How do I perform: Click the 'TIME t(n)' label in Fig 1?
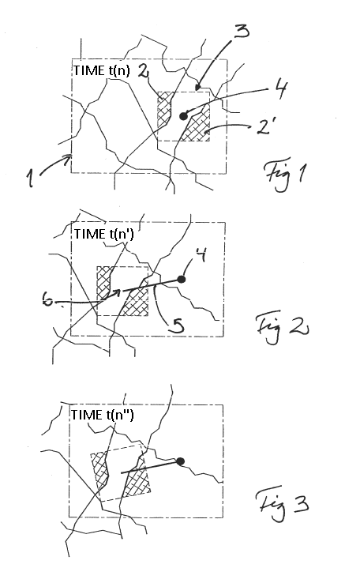(102, 70)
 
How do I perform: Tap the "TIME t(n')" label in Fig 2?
(104, 234)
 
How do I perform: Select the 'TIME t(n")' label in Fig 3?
(102, 415)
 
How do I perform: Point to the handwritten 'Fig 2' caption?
(282, 328)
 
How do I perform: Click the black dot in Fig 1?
(183, 116)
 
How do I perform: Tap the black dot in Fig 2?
(181, 279)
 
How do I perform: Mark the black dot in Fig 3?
(180, 461)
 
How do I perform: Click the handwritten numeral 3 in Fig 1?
(242, 31)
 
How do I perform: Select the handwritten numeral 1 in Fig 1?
(30, 179)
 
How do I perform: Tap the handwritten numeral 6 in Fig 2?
(47, 299)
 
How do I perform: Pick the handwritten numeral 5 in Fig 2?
(176, 323)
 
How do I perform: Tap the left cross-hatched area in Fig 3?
(99, 471)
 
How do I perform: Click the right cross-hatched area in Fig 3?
(137, 478)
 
